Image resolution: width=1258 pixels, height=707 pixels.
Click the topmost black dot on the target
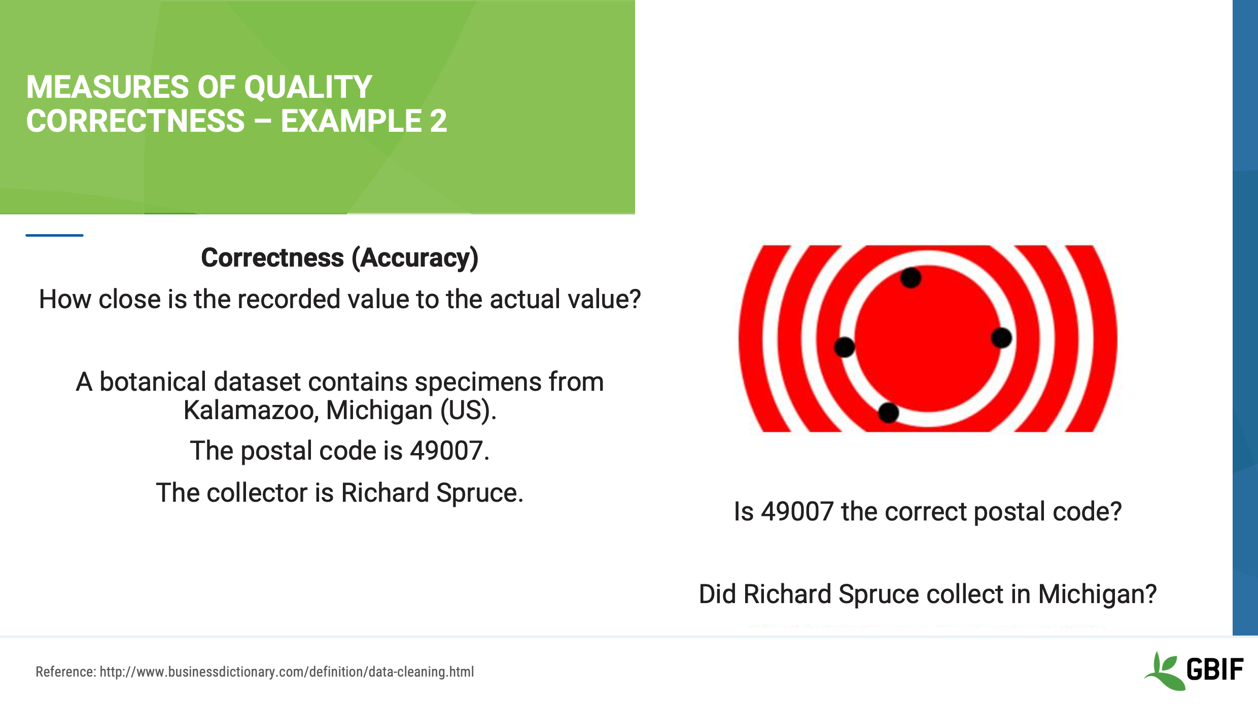coord(911,278)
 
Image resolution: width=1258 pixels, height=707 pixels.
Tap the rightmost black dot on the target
coord(1001,338)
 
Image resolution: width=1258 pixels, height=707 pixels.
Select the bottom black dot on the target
coord(888,413)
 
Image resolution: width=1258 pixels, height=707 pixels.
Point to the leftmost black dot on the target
coord(844,347)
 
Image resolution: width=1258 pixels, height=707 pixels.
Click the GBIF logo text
coord(1214,670)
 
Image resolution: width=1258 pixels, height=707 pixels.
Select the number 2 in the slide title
coord(438,122)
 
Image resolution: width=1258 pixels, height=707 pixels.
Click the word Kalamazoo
coord(251,411)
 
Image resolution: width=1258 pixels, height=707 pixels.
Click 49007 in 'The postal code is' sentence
coord(446,451)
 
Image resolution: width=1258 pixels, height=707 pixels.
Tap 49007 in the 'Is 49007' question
coord(797,512)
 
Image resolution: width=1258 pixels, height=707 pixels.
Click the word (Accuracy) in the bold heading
coord(415,258)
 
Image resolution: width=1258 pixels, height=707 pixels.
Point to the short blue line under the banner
coord(54,235)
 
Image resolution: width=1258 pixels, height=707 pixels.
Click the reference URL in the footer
coord(287,672)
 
